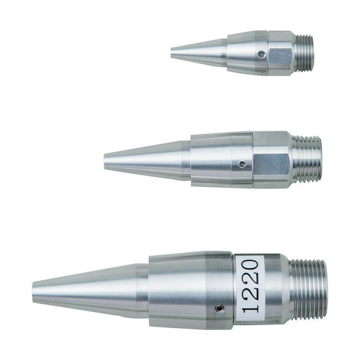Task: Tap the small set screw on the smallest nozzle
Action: pos(260,55)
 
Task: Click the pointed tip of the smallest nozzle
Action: pos(173,54)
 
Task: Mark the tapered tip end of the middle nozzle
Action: pos(107,160)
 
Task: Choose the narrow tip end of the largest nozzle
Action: pos(35,291)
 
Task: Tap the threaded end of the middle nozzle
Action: pos(307,159)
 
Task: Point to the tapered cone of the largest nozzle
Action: pos(90,290)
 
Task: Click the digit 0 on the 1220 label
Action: pos(250,265)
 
